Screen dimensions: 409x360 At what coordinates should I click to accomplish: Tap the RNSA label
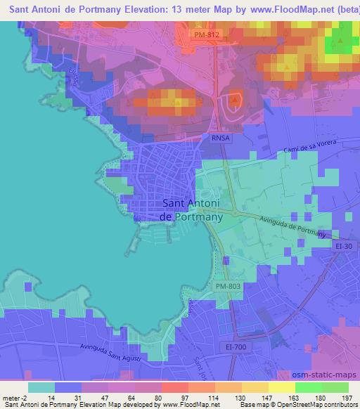[220, 138]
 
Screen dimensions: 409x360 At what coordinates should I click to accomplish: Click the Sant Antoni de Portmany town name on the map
[193, 210]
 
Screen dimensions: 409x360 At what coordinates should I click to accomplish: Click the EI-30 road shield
[344, 246]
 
